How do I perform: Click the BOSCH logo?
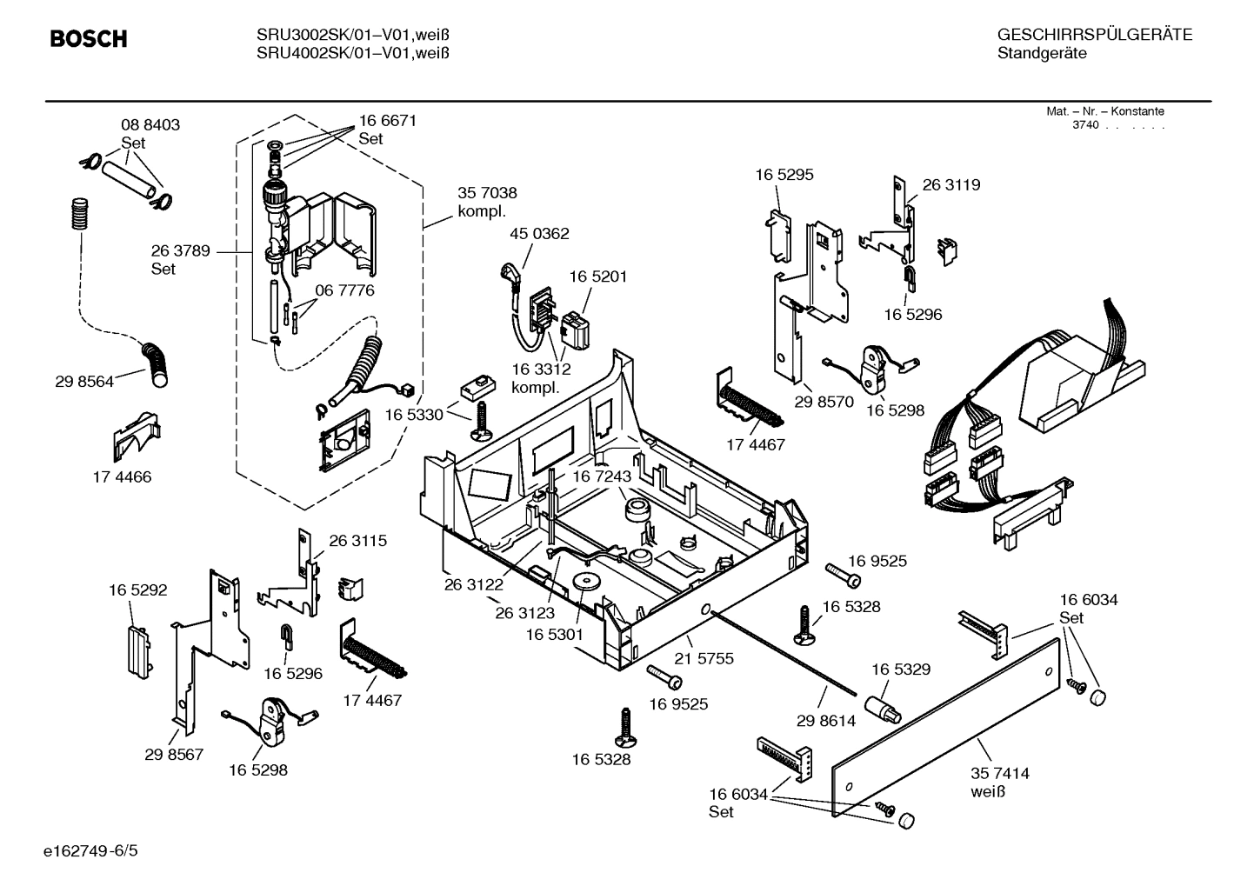pyautogui.click(x=89, y=39)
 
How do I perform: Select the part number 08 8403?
pyautogui.click(x=150, y=125)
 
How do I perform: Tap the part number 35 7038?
pyautogui.click(x=487, y=193)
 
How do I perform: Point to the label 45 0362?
pyautogui.click(x=539, y=234)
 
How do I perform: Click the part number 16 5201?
pyautogui.click(x=597, y=276)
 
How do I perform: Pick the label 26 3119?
pyautogui.click(x=951, y=185)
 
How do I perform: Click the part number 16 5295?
pyautogui.click(x=784, y=175)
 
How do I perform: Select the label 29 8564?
pyautogui.click(x=83, y=382)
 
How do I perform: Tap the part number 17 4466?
pyautogui.click(x=122, y=477)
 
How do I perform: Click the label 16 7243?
pyautogui.click(x=601, y=477)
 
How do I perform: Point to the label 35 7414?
pyautogui.click(x=999, y=773)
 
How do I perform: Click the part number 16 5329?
pyautogui.click(x=900, y=669)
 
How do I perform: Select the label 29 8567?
pyautogui.click(x=174, y=755)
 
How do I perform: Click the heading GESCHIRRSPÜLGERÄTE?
pyautogui.click(x=1094, y=36)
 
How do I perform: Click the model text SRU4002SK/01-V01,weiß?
pyautogui.click(x=352, y=53)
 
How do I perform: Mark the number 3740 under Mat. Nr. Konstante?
pyautogui.click(x=1084, y=125)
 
